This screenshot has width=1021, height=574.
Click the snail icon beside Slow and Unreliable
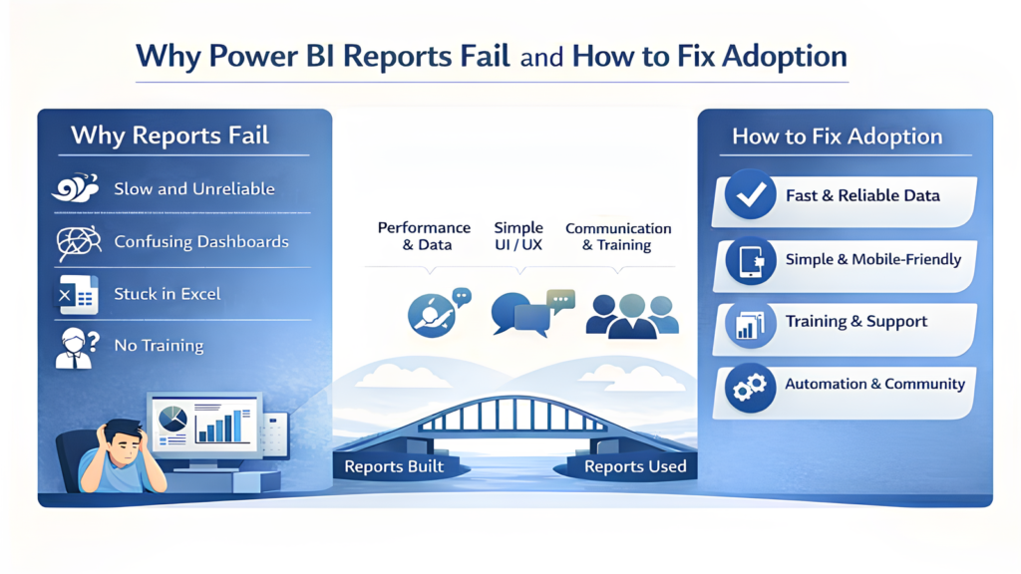tap(76, 187)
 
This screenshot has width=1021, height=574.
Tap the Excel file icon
tap(76, 293)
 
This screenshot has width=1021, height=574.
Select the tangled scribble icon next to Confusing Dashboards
tap(76, 241)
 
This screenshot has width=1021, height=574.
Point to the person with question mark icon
tap(76, 346)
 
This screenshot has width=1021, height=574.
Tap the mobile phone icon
tap(750, 259)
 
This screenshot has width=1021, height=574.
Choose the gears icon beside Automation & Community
tap(750, 386)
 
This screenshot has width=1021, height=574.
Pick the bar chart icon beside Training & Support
tap(750, 323)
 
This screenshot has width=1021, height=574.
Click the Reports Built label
tap(394, 466)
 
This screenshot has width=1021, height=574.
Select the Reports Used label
tap(635, 466)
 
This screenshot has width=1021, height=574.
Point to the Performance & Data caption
tap(423, 236)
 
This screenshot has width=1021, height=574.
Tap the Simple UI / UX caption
tap(518, 236)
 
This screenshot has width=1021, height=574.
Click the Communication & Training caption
tap(618, 236)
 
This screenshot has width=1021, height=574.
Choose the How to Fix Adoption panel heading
tap(837, 137)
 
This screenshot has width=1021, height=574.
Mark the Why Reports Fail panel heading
tap(170, 135)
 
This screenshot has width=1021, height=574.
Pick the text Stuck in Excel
tap(168, 294)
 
